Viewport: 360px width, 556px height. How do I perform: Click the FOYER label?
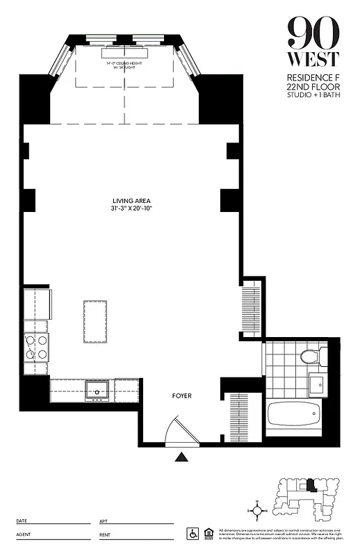pos(181,396)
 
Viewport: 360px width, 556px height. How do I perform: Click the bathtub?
pos(295,415)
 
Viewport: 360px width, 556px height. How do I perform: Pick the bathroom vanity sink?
pos(316,384)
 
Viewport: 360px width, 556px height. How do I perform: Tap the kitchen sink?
pos(95,388)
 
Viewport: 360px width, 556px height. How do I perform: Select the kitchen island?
pos(95,321)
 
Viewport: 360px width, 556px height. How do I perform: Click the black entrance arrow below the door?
pos(181,457)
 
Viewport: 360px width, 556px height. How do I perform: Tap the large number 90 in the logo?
pos(313,31)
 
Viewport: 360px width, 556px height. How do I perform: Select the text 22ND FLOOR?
pos(313,87)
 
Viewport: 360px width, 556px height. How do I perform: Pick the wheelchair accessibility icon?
pos(193,533)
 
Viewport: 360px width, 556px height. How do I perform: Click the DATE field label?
pos(22,521)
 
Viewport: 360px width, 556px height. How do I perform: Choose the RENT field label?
pos(106,535)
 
